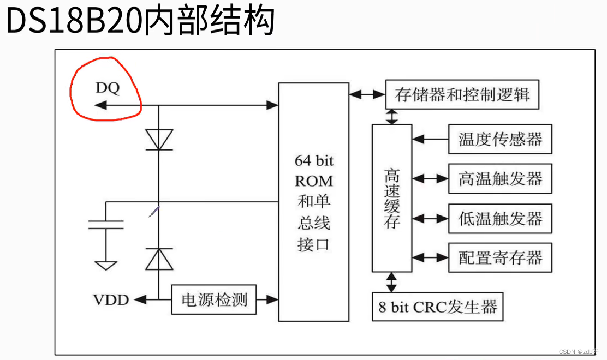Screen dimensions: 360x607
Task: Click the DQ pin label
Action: tap(108, 88)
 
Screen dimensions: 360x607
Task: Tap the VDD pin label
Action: tap(111, 299)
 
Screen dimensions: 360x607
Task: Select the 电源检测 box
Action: tap(214, 299)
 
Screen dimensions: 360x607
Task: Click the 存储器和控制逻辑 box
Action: tap(462, 94)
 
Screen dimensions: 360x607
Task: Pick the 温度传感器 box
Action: tap(500, 139)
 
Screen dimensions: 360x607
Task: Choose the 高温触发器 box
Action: tap(500, 178)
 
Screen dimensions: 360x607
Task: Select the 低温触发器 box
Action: tap(500, 219)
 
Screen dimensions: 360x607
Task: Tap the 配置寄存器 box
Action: tap(500, 257)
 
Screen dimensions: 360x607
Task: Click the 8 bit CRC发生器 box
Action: tap(437, 307)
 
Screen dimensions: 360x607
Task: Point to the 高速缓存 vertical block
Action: tap(392, 198)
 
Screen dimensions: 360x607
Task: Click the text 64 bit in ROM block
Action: tap(314, 161)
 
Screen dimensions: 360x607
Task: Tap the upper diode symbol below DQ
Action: tap(159, 139)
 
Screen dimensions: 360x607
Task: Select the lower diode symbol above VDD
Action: tap(159, 259)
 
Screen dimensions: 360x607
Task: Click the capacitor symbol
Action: tap(106, 224)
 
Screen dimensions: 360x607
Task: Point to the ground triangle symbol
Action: tap(106, 265)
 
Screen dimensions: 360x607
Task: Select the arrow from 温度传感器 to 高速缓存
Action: tap(430, 139)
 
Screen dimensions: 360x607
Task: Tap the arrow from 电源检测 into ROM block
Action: tap(267, 299)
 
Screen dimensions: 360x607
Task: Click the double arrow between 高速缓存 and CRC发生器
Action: tap(391, 282)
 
